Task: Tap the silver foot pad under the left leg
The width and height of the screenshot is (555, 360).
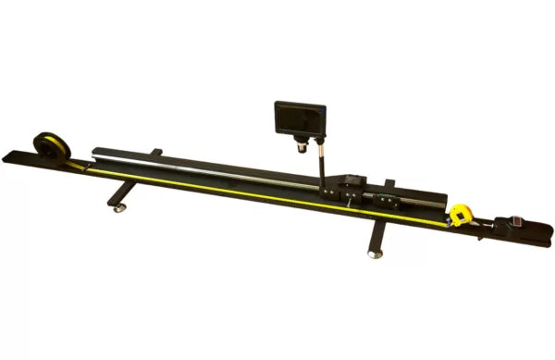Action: pos(119,209)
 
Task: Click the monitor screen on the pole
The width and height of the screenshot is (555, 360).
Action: pos(298,118)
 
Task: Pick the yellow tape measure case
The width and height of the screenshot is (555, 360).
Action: pos(461,217)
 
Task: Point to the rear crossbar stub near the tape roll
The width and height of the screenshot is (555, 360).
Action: pos(155,152)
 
